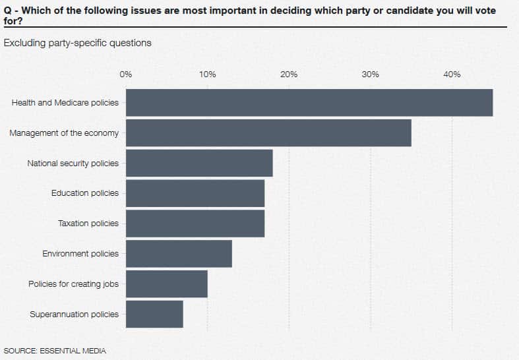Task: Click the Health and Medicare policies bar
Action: coord(309,103)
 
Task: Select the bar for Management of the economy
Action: coord(268,133)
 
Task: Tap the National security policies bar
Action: coord(199,163)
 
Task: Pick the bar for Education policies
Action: coord(195,193)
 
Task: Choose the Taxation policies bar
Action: coord(195,224)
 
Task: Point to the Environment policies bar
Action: coord(179,254)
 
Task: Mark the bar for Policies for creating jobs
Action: coord(167,284)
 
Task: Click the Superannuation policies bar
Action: coord(154,314)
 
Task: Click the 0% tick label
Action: coord(126,75)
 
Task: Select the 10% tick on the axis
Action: coord(208,75)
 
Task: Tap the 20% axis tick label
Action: coord(289,75)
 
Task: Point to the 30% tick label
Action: coord(371,75)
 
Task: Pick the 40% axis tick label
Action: coord(452,75)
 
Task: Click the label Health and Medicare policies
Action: coord(65,103)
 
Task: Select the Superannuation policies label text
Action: coord(74,314)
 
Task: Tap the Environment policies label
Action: coord(80,254)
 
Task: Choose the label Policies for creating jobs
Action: coord(73,284)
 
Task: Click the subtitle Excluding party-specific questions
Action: coord(78,43)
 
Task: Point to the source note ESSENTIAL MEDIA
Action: coord(55,350)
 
